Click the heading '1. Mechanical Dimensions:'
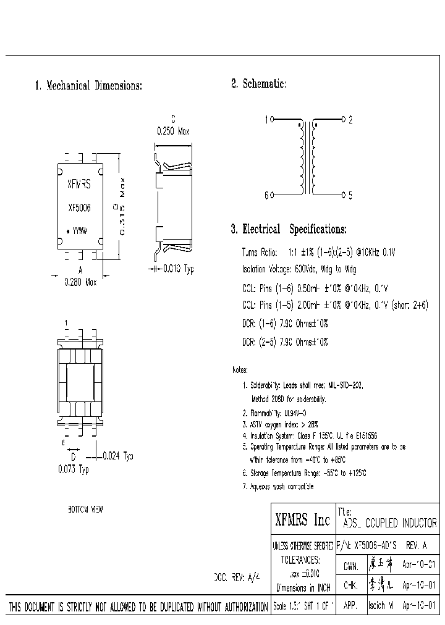tap(88, 86)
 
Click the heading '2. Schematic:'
tap(258, 83)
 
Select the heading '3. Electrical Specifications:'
tap(289, 229)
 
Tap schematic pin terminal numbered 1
tap(273, 120)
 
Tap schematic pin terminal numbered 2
tap(344, 120)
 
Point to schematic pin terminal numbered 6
tap(273, 195)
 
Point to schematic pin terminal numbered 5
tap(344, 195)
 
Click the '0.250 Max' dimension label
tap(172, 131)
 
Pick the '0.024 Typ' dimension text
tap(117, 456)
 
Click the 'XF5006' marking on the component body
tap(78, 208)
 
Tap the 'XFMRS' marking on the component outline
tap(78, 184)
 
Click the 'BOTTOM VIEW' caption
tap(85, 510)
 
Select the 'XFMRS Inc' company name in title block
tap(302, 521)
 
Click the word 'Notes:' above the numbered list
tap(240, 370)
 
